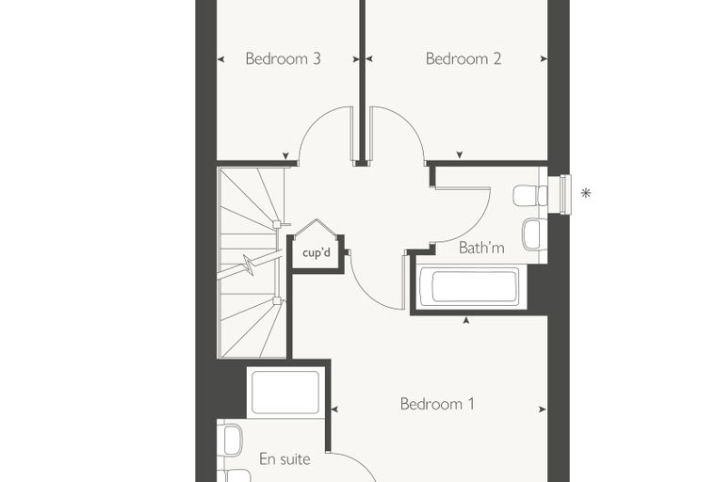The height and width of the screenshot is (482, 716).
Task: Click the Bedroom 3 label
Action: pos(284,59)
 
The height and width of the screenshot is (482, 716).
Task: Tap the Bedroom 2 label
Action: pos(464,59)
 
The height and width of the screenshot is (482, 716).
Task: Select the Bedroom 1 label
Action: pos(437,404)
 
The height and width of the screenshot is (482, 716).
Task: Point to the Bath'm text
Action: pos(481,248)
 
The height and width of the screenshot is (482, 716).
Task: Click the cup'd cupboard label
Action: pos(316,252)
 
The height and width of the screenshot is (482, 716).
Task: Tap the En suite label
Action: pos(285,458)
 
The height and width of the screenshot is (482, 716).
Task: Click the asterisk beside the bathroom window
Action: pos(586,194)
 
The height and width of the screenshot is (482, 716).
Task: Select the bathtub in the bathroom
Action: pos(470,286)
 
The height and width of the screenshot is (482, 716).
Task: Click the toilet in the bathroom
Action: pos(530,196)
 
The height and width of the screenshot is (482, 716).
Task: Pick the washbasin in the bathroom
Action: pos(534,234)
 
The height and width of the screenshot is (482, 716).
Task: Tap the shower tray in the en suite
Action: pos(285,393)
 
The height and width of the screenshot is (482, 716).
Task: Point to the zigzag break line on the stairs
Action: pos(249,265)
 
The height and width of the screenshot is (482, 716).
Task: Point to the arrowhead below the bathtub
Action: pos(466,321)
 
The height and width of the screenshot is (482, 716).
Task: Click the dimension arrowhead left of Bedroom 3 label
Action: pos(220,59)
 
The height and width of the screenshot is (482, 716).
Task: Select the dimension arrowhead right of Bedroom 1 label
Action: pos(543,410)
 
